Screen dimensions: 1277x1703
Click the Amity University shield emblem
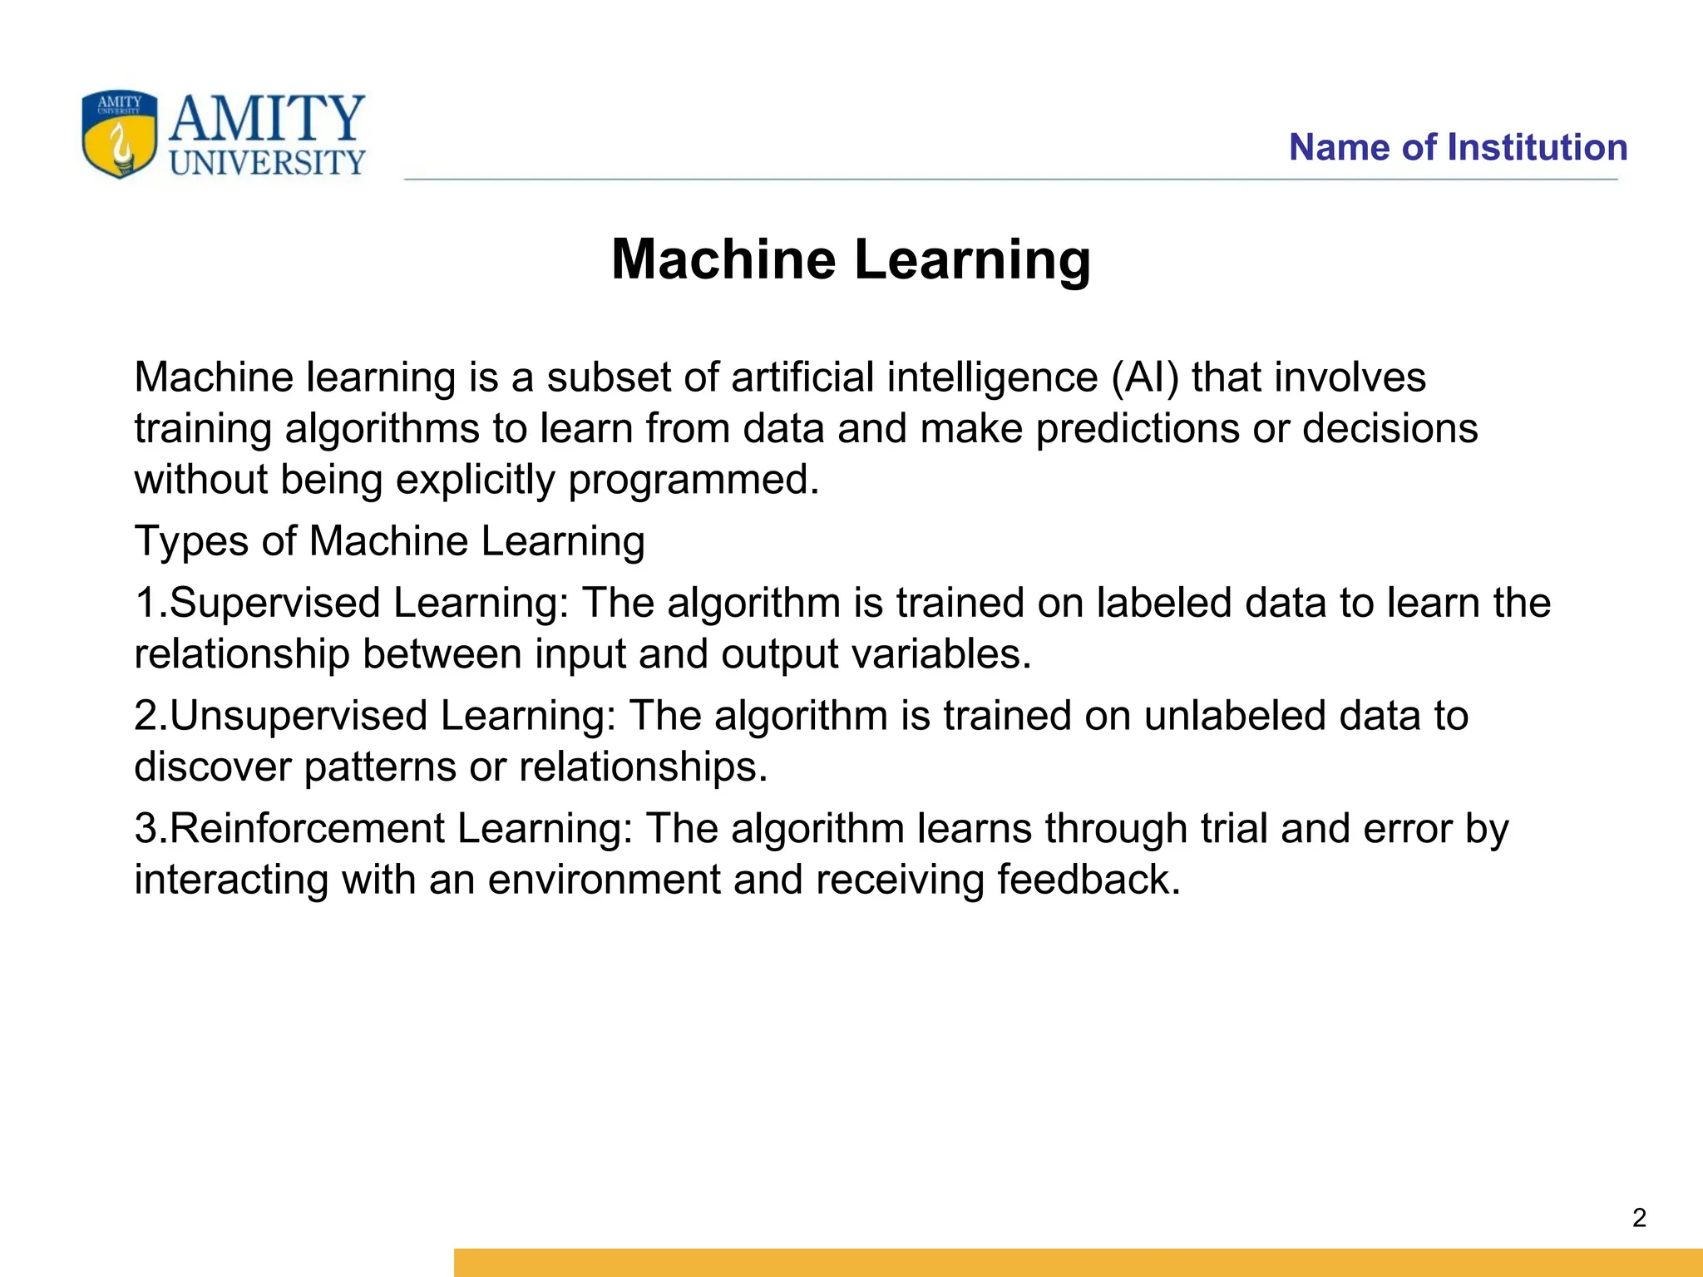click(119, 134)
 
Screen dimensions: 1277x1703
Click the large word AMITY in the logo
click(267, 118)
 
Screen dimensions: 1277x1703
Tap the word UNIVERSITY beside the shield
click(267, 163)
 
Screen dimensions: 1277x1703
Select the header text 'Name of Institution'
click(1458, 147)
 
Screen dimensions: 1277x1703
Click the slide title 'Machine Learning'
click(851, 259)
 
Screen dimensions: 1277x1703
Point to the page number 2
click(1639, 1218)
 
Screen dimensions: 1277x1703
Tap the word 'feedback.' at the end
click(1088, 880)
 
